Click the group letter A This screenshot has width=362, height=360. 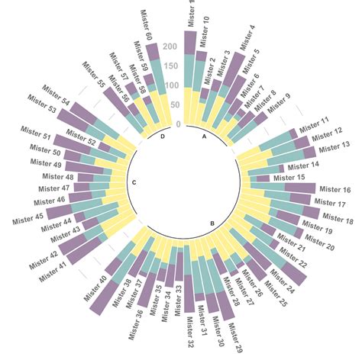point(204,137)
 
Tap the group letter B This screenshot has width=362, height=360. point(212,223)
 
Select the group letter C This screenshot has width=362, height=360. point(134,182)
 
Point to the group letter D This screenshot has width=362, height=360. point(163,137)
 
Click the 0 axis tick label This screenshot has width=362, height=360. point(178,124)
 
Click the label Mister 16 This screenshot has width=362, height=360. point(335,190)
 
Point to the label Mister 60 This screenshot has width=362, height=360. point(146,24)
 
